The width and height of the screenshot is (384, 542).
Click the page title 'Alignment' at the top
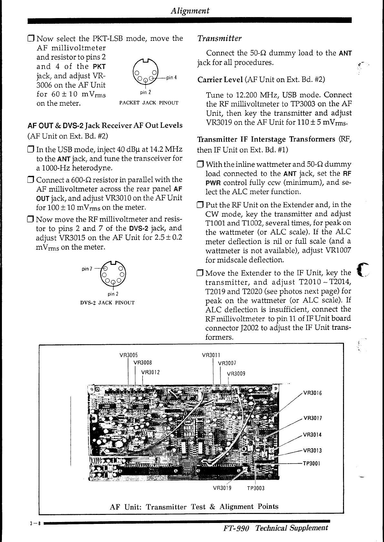point(190,11)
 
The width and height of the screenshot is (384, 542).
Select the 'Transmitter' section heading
point(219,38)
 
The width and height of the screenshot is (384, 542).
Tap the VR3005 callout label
point(129,355)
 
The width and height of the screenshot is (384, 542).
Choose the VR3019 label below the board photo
point(222,488)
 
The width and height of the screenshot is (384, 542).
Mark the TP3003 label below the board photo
point(256,488)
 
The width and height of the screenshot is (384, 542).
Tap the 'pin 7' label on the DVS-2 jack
point(87,269)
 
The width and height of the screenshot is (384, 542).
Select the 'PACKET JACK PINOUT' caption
point(149,103)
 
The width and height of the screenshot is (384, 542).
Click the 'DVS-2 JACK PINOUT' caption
point(107,303)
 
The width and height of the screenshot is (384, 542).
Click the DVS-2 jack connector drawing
point(113,273)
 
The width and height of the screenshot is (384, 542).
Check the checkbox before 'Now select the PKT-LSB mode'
point(31,39)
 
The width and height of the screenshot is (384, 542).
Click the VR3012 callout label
point(151,372)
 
